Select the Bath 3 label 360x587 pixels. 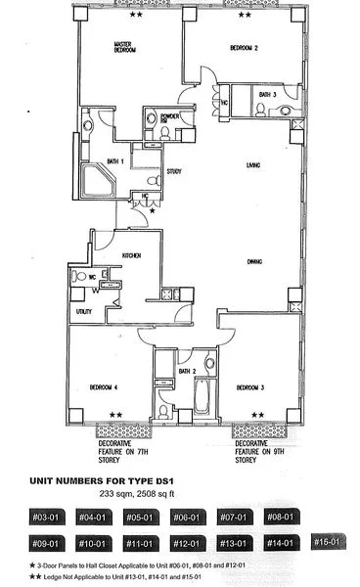click(x=267, y=94)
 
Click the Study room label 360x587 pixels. click(x=175, y=171)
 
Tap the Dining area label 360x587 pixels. click(x=257, y=261)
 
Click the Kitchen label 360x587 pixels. click(x=133, y=254)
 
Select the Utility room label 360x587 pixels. click(x=83, y=311)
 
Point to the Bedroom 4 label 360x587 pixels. click(x=104, y=387)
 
